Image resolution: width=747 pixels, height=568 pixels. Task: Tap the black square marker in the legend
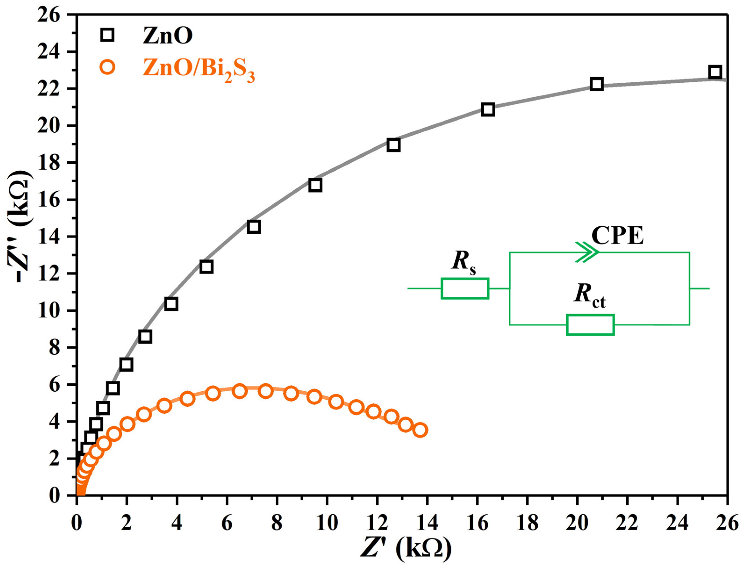pyautogui.click(x=107, y=35)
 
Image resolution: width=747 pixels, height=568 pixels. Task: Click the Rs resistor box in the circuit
pyautogui.click(x=465, y=288)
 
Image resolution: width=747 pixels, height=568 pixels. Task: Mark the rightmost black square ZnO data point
pyautogui.click(x=715, y=72)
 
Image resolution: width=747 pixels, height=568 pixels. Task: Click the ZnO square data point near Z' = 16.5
pyautogui.click(x=487, y=109)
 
